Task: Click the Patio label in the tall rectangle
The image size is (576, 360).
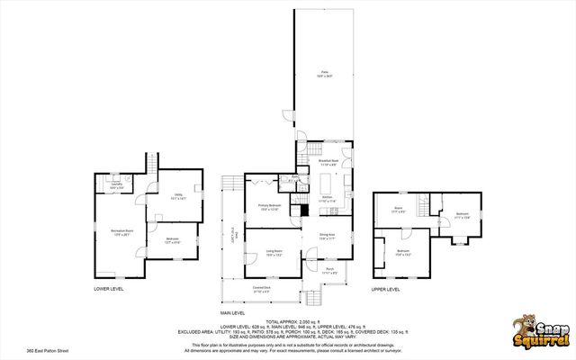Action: click(326, 75)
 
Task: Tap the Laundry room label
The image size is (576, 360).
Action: click(116, 186)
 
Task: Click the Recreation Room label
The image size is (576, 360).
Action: click(116, 232)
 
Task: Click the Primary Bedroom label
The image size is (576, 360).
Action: click(270, 207)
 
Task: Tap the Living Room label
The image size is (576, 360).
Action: click(274, 254)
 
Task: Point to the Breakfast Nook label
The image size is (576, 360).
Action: click(328, 163)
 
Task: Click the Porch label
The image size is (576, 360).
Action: click(329, 270)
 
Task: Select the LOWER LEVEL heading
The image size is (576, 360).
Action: click(109, 289)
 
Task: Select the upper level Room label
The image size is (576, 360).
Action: click(398, 211)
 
